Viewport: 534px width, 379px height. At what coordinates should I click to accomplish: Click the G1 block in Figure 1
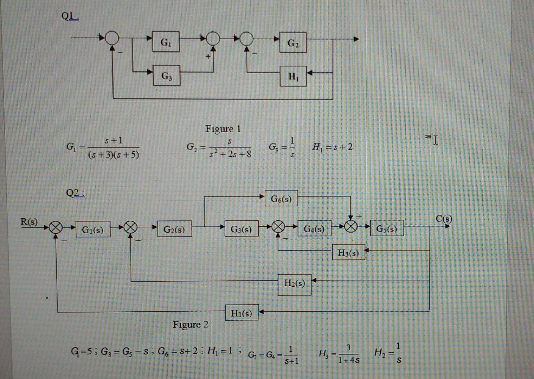click(x=166, y=42)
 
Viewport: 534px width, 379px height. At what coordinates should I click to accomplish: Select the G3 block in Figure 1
click(x=167, y=75)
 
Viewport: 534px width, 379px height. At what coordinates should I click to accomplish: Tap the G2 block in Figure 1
click(x=293, y=42)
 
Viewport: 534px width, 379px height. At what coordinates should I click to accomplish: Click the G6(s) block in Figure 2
click(x=281, y=199)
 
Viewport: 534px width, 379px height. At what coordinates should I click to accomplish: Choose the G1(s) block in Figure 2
click(x=92, y=229)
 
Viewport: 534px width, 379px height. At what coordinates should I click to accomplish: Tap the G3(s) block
click(x=241, y=228)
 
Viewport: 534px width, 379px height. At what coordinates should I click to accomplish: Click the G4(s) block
click(x=314, y=228)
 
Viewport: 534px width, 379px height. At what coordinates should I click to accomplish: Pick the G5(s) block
click(x=386, y=228)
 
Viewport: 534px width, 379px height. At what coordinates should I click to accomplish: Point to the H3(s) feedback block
click(x=348, y=252)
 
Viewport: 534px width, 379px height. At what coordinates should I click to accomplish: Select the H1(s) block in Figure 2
click(x=242, y=312)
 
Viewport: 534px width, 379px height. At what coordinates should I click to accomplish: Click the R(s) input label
click(x=29, y=221)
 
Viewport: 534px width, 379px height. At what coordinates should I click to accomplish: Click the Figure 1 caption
click(x=223, y=129)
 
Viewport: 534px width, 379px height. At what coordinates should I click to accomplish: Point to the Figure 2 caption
click(x=190, y=324)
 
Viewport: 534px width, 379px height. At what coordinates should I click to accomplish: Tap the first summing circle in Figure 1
click(x=112, y=38)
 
